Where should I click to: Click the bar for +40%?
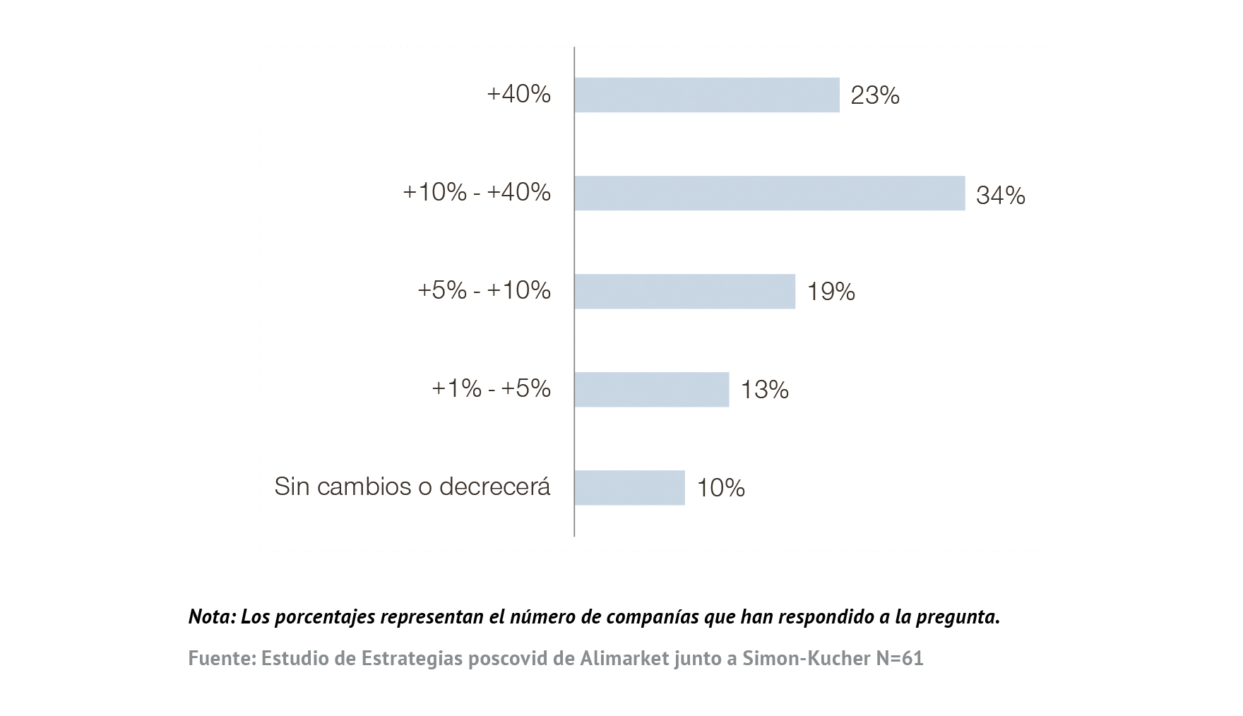706,95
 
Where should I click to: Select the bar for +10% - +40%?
769,193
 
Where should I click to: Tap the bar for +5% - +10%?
684,291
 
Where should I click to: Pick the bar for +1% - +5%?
651,389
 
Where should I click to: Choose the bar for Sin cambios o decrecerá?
629,487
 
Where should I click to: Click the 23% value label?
874,95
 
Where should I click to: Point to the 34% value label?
1000,195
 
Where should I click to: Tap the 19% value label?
831,292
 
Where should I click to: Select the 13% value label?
764,390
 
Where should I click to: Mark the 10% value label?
720,488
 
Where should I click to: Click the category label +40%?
518,94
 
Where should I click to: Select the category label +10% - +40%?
477,192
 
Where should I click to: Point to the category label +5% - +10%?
484,290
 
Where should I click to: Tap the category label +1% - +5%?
491,388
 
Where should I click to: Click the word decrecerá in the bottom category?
494,487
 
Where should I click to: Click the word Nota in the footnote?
210,616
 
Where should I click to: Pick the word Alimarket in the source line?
624,658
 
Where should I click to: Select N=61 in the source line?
899,658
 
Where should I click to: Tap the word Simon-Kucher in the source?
806,658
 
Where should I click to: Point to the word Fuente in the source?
221,658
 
